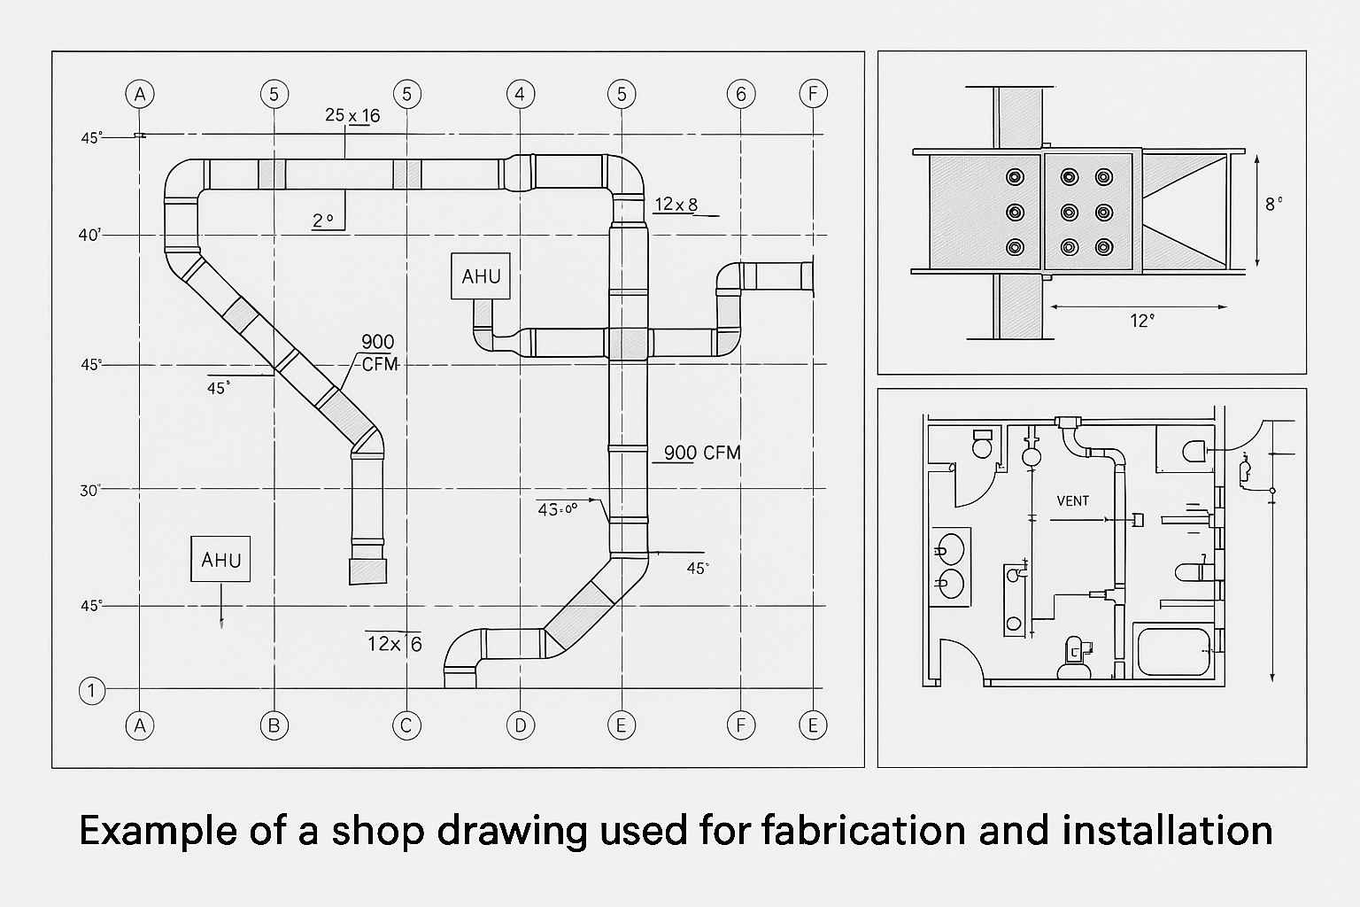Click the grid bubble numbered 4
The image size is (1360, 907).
520,94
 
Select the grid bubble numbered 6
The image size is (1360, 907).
740,94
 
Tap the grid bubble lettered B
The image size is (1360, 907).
274,726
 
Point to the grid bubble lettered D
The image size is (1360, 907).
520,726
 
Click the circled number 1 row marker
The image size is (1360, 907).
92,691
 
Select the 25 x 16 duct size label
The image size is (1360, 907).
352,115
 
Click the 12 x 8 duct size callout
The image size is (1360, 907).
676,205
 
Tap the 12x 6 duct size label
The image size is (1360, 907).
394,644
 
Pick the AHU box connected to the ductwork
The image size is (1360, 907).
481,276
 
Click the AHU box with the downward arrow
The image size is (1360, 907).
220,560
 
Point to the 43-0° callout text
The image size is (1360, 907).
557,508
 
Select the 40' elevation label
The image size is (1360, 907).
90,236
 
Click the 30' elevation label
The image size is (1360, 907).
90,490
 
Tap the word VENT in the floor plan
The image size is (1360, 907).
1072,501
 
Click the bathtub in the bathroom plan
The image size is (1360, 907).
1173,653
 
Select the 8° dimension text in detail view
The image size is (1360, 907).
1273,204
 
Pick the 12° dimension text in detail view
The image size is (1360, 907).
1142,321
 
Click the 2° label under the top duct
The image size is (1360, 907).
323,221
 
